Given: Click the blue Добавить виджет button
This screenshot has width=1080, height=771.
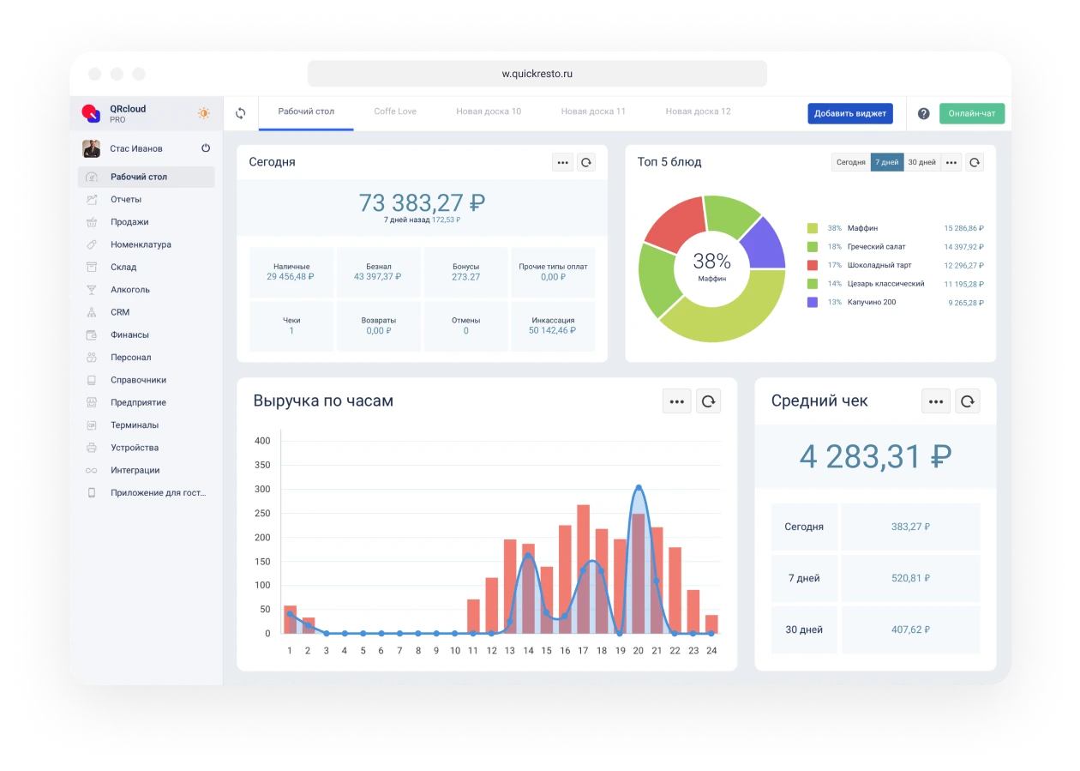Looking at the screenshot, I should pyautogui.click(x=849, y=113).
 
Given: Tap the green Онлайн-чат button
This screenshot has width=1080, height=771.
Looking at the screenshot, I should pyautogui.click(x=971, y=113).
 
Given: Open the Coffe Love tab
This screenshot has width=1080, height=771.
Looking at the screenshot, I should pyautogui.click(x=395, y=111).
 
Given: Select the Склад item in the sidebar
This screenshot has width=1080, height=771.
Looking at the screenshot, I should pyautogui.click(x=123, y=267).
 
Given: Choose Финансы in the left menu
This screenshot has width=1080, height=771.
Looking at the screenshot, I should pyautogui.click(x=129, y=334).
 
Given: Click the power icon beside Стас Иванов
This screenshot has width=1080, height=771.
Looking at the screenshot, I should pyautogui.click(x=206, y=148).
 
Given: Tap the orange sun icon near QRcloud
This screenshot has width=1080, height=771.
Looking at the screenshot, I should pyautogui.click(x=204, y=113).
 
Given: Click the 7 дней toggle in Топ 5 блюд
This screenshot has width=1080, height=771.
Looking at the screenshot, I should pyautogui.click(x=886, y=162).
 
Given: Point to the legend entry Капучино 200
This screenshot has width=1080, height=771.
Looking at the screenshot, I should pyautogui.click(x=871, y=302).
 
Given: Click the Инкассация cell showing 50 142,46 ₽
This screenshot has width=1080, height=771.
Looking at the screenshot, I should pyautogui.click(x=553, y=326).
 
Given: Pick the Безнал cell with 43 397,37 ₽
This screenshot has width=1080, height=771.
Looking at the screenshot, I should pyautogui.click(x=378, y=272).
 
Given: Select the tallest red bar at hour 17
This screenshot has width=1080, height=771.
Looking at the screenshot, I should pyautogui.click(x=583, y=566).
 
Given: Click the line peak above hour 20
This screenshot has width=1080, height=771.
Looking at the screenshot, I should pyautogui.click(x=639, y=487).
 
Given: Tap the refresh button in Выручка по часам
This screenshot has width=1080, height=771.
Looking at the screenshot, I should pyautogui.click(x=708, y=401).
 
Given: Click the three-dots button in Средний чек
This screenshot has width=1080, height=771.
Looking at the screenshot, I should pyautogui.click(x=936, y=401).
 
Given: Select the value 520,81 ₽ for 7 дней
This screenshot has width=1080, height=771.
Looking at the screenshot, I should pyautogui.click(x=910, y=578).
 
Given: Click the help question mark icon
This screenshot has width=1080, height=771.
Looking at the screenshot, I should pyautogui.click(x=923, y=113).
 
